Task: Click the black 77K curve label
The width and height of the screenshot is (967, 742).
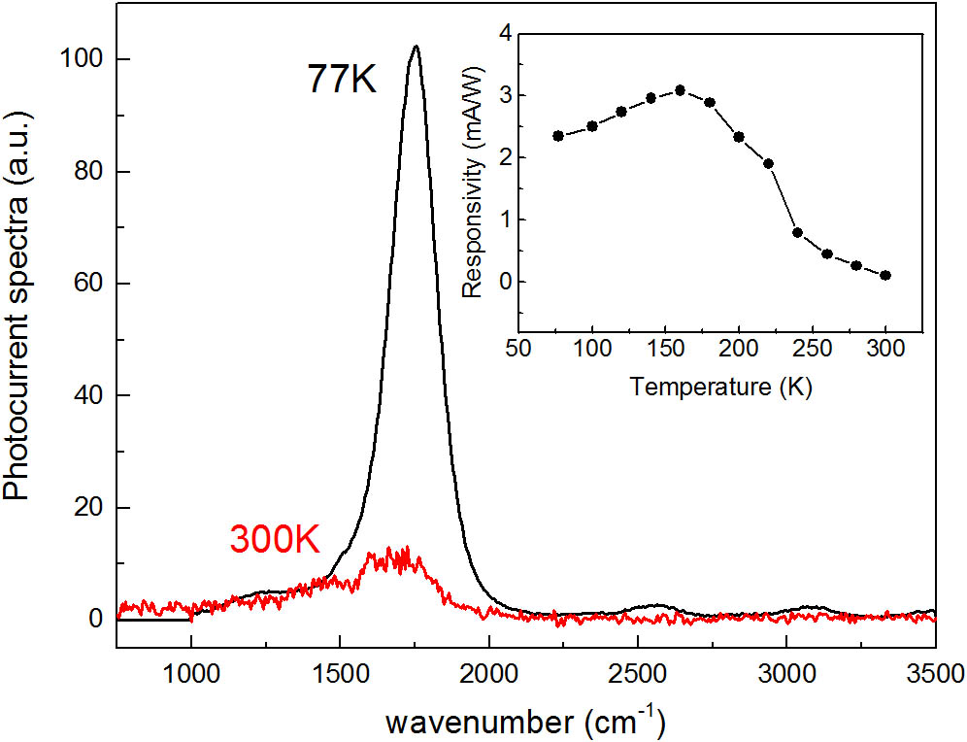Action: (342, 78)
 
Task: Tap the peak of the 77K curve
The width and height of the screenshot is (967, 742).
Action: (417, 46)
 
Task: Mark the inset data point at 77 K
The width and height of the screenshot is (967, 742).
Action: (558, 136)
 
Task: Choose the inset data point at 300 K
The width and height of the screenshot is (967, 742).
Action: (886, 276)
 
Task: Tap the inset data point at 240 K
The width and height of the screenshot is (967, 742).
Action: (798, 232)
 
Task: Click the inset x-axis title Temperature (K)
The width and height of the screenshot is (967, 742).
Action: (720, 388)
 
